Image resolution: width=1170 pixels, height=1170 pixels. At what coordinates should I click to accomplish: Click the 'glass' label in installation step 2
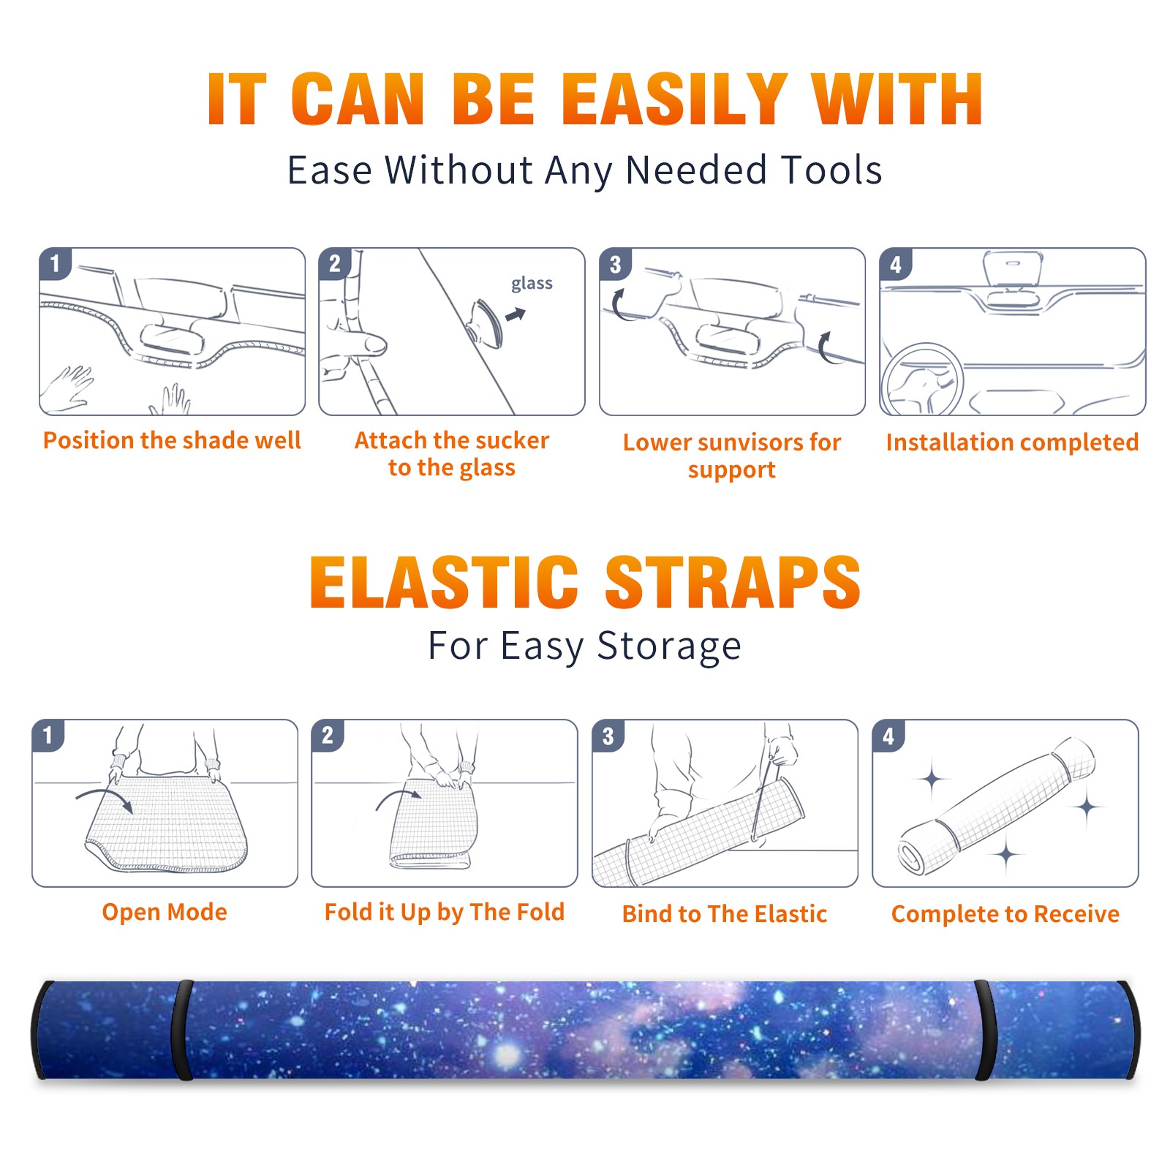[x=532, y=284]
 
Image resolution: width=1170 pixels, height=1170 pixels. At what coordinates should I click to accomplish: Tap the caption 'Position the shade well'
[x=172, y=440]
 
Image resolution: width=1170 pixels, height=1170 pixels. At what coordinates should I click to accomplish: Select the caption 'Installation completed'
[x=1012, y=442]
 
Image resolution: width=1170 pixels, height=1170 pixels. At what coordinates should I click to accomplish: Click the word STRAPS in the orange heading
[x=733, y=582]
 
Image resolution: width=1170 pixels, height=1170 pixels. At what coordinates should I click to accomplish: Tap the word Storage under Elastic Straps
[x=669, y=646]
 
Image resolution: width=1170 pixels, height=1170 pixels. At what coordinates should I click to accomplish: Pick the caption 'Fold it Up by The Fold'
[x=445, y=912]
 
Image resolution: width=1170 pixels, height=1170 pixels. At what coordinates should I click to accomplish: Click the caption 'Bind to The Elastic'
[x=725, y=914]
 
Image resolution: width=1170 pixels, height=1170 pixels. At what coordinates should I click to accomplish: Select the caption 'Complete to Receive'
[x=1005, y=914]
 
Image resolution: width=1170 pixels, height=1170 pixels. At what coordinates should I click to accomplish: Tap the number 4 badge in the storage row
[x=888, y=736]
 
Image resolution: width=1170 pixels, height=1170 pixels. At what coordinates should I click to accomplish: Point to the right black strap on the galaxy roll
[x=984, y=1030]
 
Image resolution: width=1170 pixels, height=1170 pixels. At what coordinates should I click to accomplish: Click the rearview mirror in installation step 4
[x=1013, y=268]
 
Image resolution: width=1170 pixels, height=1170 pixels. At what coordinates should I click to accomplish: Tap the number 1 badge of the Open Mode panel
[x=48, y=736]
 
